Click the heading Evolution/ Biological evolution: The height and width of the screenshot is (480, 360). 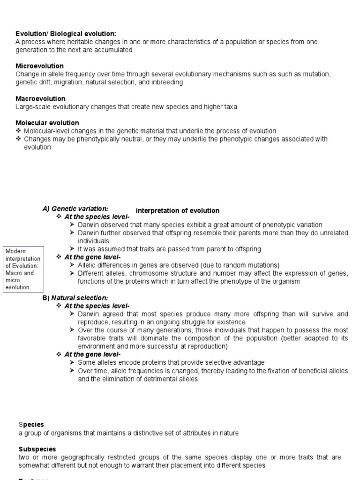pos(66,34)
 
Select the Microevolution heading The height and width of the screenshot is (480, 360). pos(40,66)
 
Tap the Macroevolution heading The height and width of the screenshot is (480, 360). pos(40,98)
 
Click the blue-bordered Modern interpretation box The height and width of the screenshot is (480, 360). pos(23,270)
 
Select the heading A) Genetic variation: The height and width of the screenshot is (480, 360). pos(75,209)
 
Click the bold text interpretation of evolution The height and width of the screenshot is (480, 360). pos(177,211)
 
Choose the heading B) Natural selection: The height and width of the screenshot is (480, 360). pos(75,298)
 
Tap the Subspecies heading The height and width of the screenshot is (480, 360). pos(37,449)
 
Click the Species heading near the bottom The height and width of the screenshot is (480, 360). pos(31,425)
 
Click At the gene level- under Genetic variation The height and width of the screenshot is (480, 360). pos(92,257)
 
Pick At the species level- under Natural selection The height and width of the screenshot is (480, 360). pos(97,306)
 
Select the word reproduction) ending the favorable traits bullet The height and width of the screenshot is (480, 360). pos(205,346)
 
